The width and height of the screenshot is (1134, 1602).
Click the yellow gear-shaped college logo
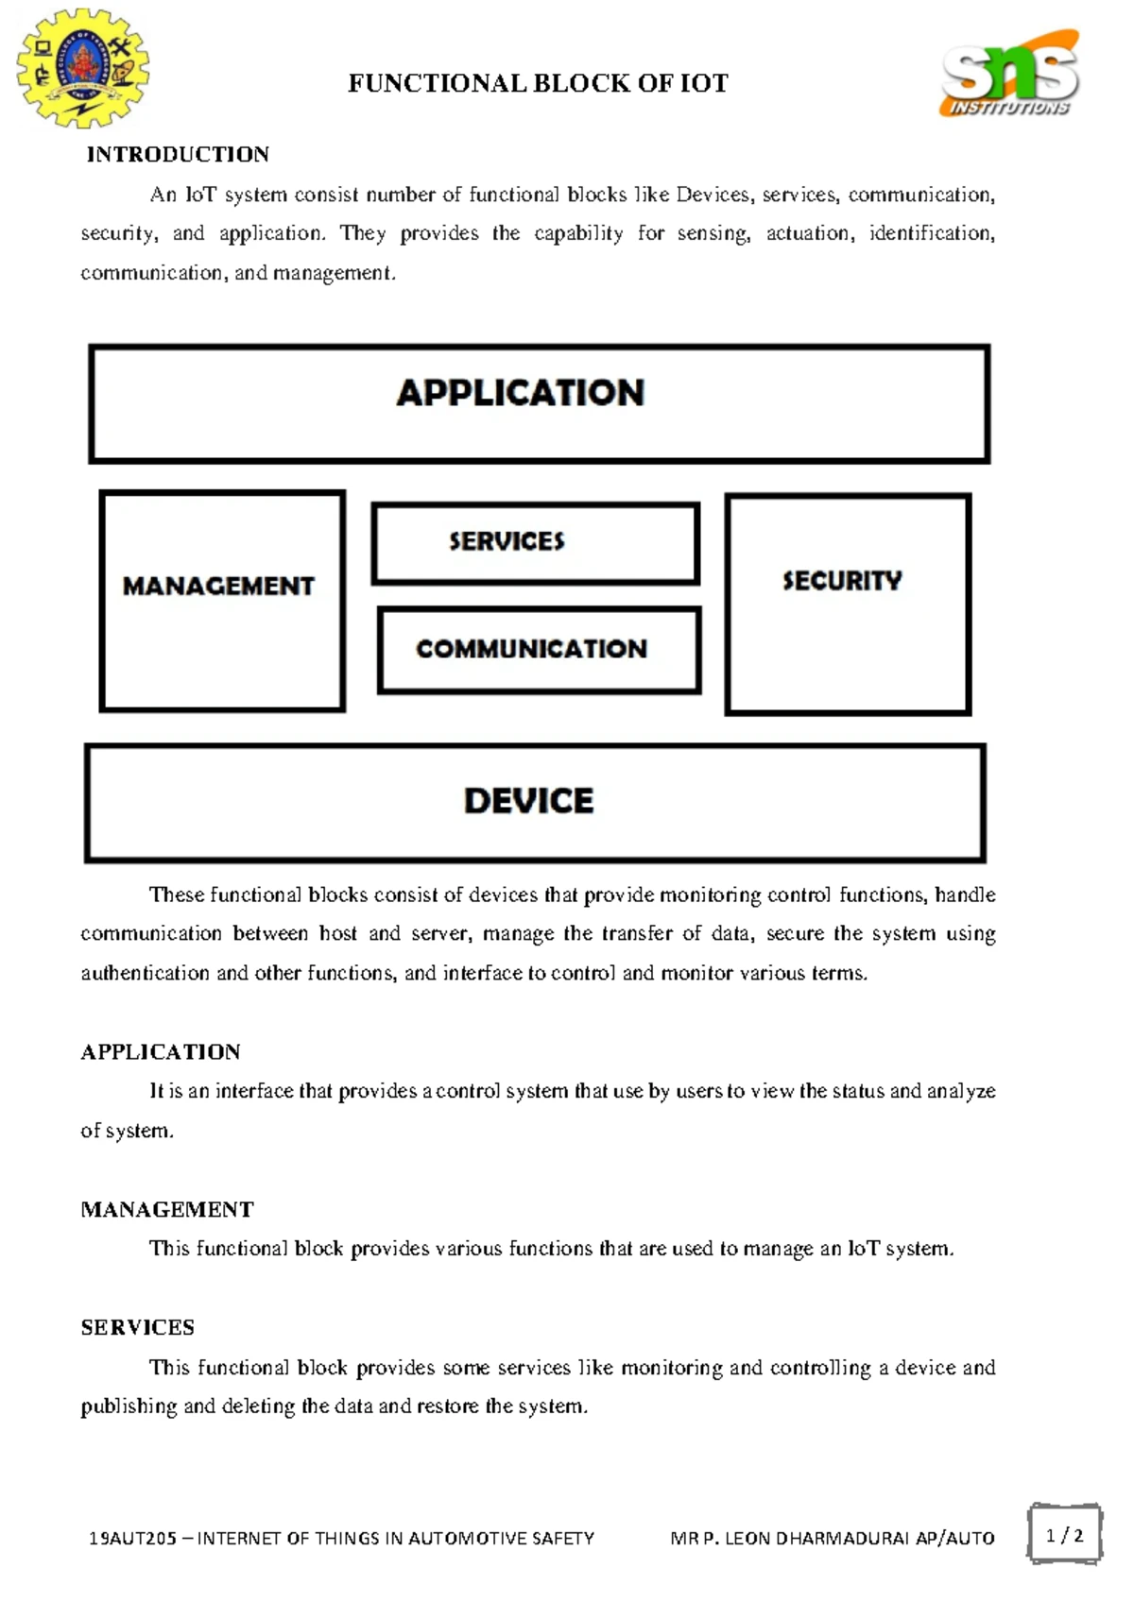pyautogui.click(x=83, y=68)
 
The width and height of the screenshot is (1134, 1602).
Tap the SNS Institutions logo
pyautogui.click(x=1009, y=75)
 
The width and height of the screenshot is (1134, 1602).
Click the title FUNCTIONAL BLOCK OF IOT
pyautogui.click(x=538, y=84)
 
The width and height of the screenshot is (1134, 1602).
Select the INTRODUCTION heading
pyautogui.click(x=178, y=155)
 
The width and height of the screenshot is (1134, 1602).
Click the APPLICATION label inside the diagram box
pyautogui.click(x=520, y=393)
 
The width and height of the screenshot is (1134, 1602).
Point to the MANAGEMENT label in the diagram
pyautogui.click(x=218, y=587)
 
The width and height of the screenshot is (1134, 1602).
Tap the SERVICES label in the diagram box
pyautogui.click(x=507, y=541)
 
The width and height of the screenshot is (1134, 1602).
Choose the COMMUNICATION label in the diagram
pyautogui.click(x=531, y=649)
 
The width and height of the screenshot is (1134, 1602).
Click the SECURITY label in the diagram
pyautogui.click(x=841, y=581)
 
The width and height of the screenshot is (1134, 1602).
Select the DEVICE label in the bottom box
pyautogui.click(x=528, y=801)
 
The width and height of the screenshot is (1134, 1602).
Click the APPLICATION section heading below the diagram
pyautogui.click(x=161, y=1052)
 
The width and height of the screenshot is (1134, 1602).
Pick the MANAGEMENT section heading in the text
pyautogui.click(x=167, y=1210)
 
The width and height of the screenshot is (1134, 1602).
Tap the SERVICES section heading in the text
pyautogui.click(x=138, y=1328)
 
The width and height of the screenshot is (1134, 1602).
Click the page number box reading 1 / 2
pyautogui.click(x=1064, y=1535)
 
